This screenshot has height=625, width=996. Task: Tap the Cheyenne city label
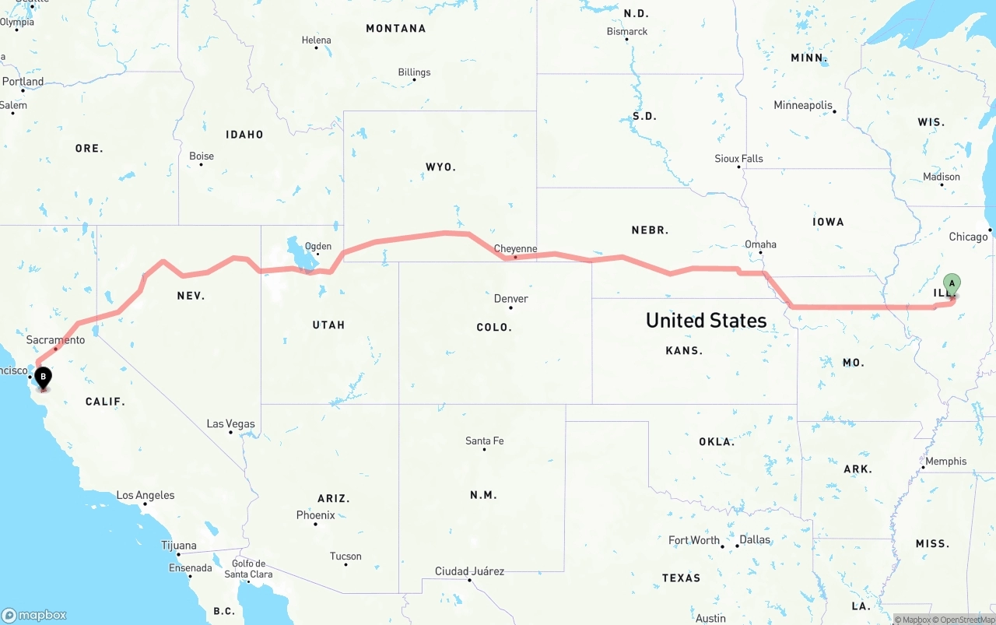516,248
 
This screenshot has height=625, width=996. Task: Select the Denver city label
511,299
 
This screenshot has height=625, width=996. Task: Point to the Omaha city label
760,244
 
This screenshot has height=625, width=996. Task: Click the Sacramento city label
55,340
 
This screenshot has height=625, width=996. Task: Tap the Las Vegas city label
230,424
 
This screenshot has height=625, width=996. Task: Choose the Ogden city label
317,247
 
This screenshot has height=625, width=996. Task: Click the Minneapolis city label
803,105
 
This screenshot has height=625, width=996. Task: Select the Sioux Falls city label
738,159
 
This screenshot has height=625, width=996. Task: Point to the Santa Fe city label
484,441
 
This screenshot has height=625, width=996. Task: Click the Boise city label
202,156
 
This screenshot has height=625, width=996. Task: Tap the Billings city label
414,72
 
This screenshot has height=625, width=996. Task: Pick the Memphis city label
945,461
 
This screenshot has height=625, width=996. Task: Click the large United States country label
706,320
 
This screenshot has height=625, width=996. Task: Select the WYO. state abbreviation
440,167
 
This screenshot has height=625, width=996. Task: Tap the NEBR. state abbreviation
650,230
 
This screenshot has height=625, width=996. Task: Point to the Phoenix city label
315,515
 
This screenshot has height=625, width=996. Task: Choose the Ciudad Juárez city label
469,571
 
